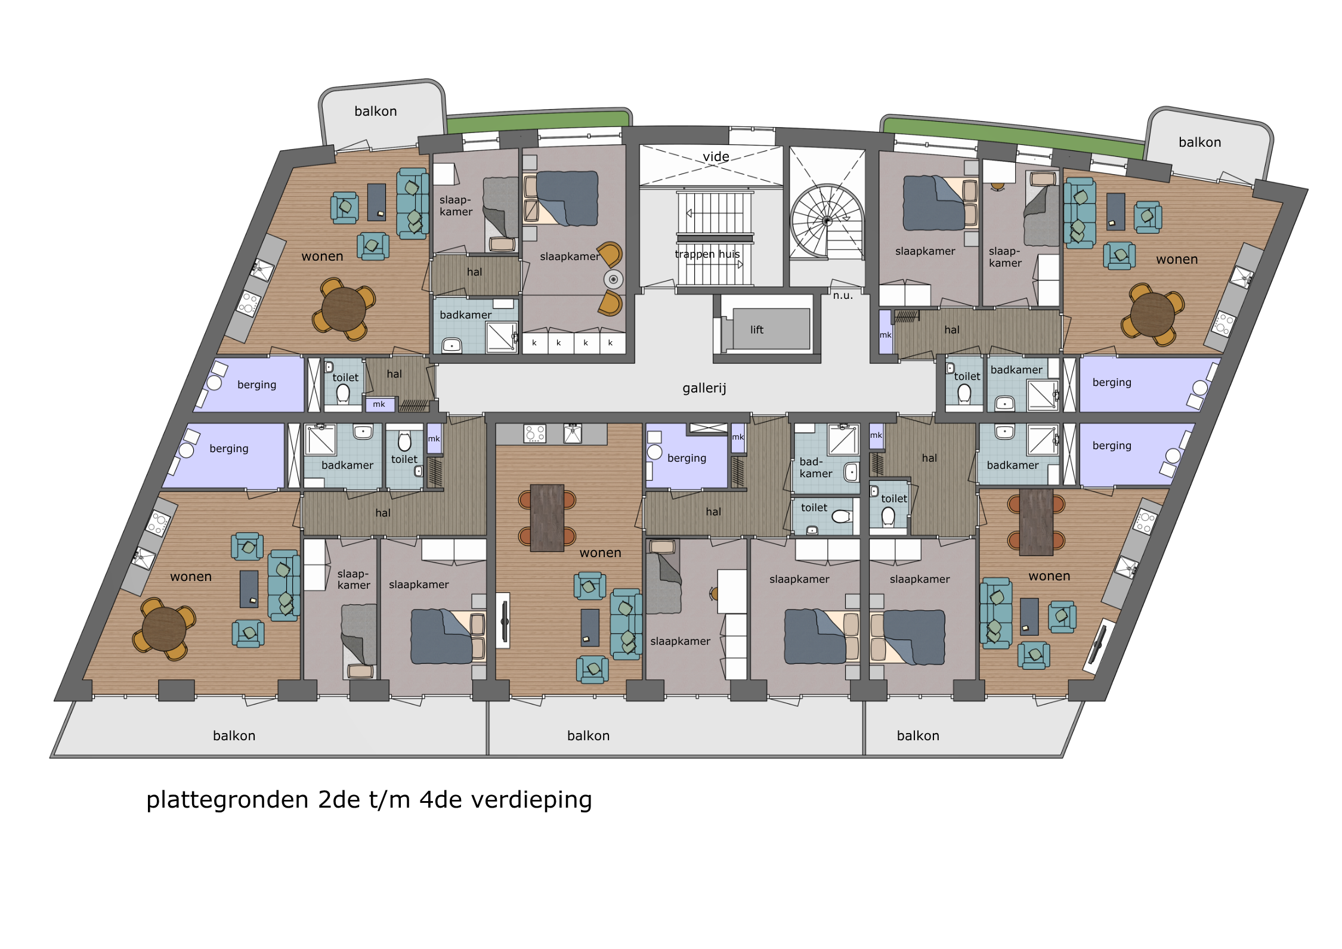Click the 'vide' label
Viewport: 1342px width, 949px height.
[x=716, y=156]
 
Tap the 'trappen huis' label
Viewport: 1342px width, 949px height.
[x=707, y=254]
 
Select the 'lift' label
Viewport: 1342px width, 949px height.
[x=757, y=330]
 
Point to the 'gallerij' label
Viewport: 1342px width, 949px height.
[x=704, y=388]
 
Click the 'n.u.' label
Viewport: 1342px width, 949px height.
[x=843, y=295]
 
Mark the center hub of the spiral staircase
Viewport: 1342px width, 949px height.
[x=827, y=221]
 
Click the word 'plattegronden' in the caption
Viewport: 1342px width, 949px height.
[x=228, y=800]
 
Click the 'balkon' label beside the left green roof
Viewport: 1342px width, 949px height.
[x=376, y=112]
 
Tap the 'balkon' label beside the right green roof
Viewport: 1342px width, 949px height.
[x=1200, y=143]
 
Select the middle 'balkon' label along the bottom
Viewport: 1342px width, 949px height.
[x=589, y=736]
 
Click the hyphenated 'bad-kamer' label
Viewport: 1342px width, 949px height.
[x=816, y=468]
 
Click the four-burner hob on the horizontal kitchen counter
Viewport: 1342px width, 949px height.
[x=534, y=434]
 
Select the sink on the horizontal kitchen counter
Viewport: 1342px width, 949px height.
[x=573, y=434]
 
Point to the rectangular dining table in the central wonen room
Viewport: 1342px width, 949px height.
[x=547, y=518]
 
